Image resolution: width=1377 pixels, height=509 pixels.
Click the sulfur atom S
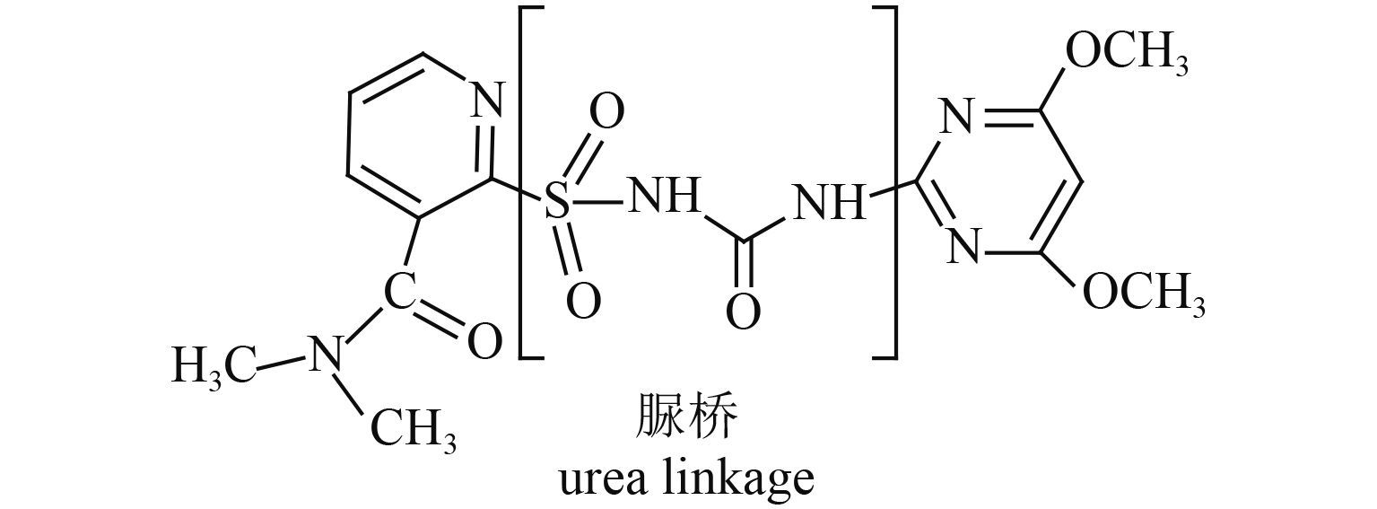pos(557,203)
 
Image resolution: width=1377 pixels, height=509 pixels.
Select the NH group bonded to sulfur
pos(664,197)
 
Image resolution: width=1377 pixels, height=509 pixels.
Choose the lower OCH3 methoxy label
pos(1143,293)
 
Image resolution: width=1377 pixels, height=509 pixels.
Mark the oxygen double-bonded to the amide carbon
pos(484,342)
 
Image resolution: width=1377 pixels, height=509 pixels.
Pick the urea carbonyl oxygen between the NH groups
pos(743,311)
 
